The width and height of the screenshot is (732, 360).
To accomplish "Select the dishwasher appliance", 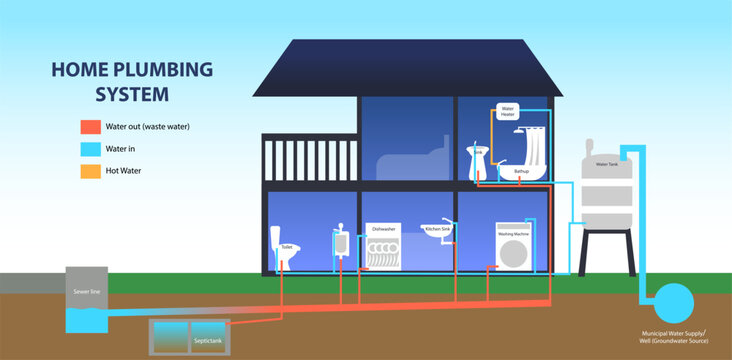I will pyautogui.click(x=383, y=250).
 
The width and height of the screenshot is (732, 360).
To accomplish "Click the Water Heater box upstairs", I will pyautogui.click(x=507, y=111).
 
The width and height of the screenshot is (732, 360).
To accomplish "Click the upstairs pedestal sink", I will pyautogui.click(x=477, y=161).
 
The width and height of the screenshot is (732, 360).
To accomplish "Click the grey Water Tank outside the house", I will pyautogui.click(x=607, y=190).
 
